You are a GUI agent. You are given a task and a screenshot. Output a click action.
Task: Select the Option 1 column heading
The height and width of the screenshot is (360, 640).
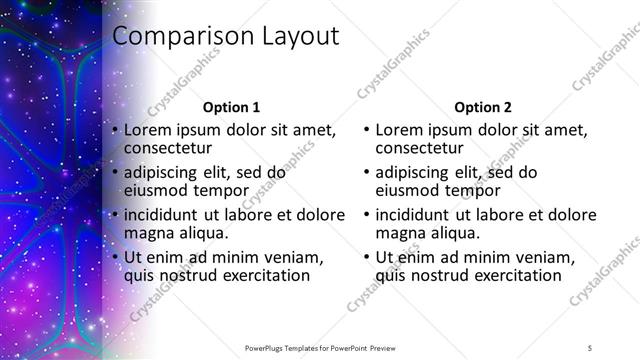pos(231,107)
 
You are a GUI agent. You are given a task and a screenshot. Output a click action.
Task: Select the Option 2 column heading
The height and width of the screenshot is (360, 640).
pos(482,107)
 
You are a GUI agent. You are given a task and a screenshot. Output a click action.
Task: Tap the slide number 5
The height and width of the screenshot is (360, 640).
pos(591,346)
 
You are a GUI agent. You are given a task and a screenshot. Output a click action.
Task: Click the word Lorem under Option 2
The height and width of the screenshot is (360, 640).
pos(400,130)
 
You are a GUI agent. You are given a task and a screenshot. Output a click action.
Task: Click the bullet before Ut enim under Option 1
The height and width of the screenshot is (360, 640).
pos(116,257)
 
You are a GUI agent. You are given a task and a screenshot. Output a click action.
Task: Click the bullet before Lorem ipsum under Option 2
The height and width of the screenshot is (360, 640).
pos(367,131)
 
